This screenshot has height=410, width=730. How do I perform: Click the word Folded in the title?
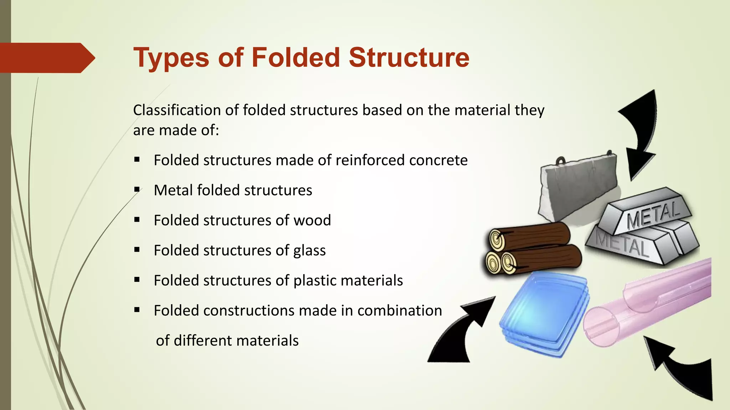click(296, 58)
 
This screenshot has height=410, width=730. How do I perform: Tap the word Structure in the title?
click(409, 58)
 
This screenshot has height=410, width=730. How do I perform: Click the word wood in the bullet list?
click(312, 220)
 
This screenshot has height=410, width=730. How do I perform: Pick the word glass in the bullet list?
click(309, 251)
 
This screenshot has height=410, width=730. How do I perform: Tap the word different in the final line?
click(206, 341)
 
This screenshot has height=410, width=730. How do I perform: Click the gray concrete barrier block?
click(577, 189)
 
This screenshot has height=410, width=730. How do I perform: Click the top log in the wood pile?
click(531, 237)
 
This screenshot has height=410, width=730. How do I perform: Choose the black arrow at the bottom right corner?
click(681, 370)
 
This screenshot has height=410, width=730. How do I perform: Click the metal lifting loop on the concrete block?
click(561, 161)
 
